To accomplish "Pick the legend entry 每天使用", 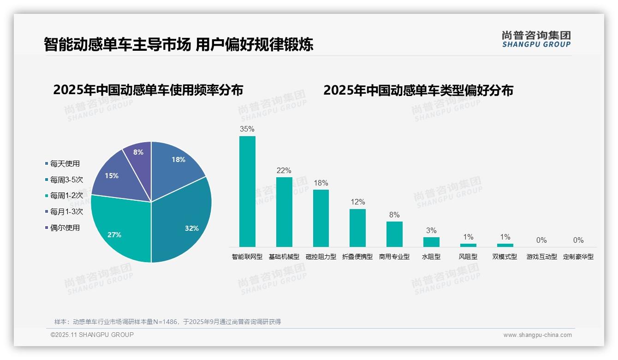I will click(x=65, y=163).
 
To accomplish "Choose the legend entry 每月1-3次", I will click(x=66, y=211).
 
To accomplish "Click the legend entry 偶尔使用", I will click(x=65, y=228).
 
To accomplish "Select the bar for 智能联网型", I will click(x=247, y=192).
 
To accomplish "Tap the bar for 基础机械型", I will click(x=284, y=212).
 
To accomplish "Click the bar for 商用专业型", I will click(x=394, y=234).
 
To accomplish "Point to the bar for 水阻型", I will click(x=431, y=242).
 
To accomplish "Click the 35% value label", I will click(x=247, y=129).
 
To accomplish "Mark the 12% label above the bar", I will click(x=357, y=202).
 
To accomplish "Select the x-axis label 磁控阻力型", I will click(x=321, y=257).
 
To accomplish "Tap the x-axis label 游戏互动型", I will click(x=542, y=257).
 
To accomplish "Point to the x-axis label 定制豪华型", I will click(x=578, y=257).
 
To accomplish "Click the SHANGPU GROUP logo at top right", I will click(x=536, y=39).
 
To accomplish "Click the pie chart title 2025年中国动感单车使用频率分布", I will click(x=148, y=90).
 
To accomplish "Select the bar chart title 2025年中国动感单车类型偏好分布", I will click(x=418, y=90).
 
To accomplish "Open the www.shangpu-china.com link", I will click(x=537, y=335).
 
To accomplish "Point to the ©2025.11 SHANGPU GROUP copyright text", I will click(x=92, y=335).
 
